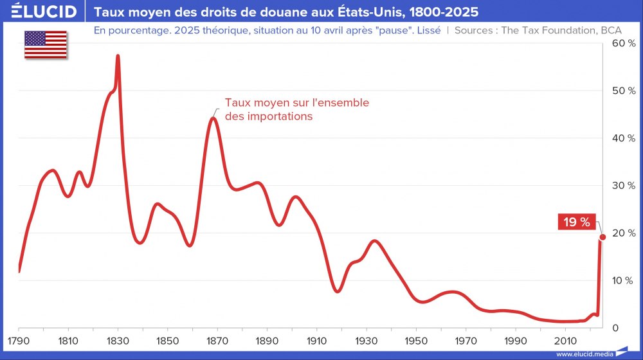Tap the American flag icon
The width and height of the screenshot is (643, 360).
pos(46,44)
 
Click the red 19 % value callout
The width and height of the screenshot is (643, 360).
pos(576,222)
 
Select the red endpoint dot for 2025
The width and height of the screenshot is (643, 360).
pos(602,237)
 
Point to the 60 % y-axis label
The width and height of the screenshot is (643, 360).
pos(623,43)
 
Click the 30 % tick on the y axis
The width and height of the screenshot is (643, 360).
pos(623,186)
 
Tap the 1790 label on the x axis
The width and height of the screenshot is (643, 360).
pos(19,340)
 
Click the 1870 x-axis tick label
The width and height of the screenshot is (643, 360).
pos(217,340)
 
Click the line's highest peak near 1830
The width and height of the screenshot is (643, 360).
pos(118,57)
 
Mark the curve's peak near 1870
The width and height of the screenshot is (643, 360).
pos(213,118)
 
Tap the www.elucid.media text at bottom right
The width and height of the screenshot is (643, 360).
pos(584,354)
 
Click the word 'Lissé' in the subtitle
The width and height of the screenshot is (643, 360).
pos(427,30)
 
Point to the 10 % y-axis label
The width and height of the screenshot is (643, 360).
pos(623,280)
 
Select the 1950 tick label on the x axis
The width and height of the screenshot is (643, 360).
pos(416,340)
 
